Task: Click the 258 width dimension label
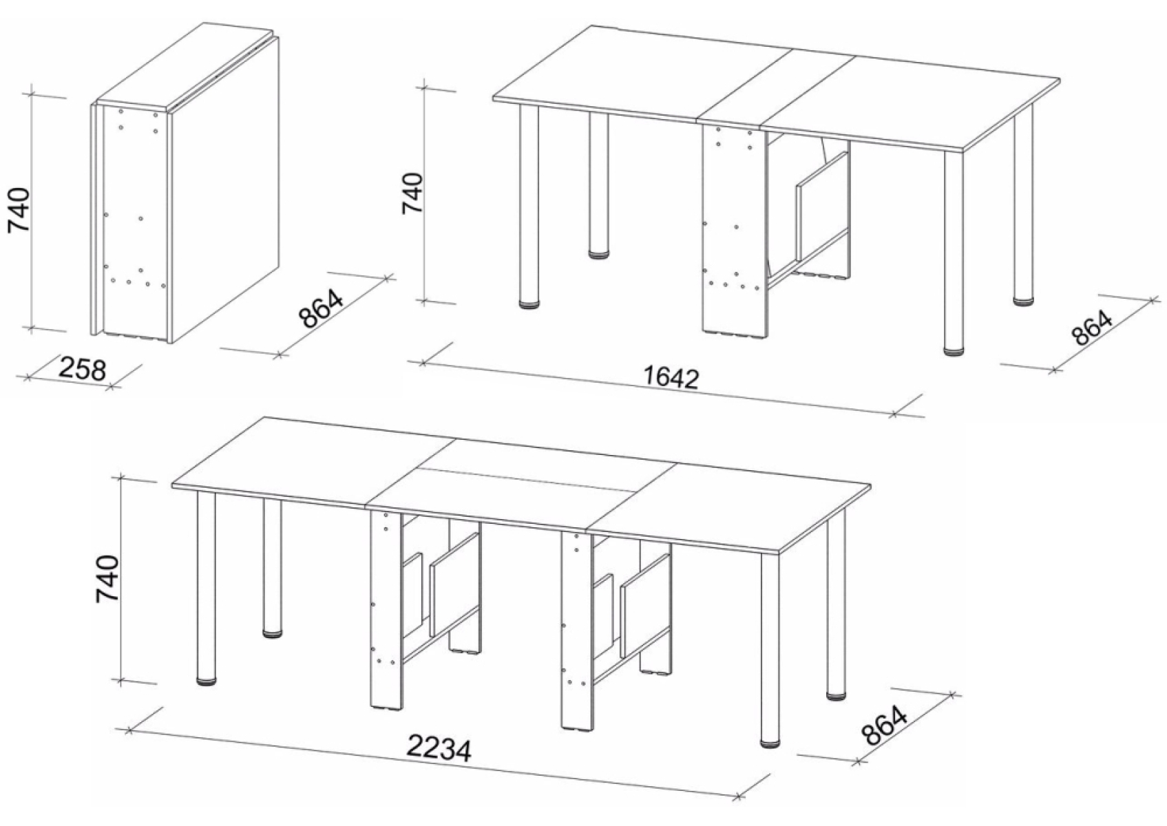tap(83, 369)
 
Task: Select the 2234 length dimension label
tap(439, 748)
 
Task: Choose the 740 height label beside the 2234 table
tap(107, 579)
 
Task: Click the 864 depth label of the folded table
tap(321, 309)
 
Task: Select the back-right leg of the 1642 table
tap(1022, 204)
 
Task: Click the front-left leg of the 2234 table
tap(207, 587)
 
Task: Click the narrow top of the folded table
tap(187, 67)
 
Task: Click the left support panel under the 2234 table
tap(387, 609)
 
